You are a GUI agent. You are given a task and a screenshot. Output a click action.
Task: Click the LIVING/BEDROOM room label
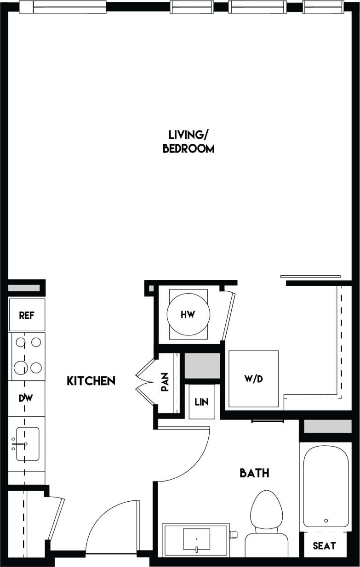point(189,142)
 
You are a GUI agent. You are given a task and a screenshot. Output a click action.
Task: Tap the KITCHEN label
point(91,381)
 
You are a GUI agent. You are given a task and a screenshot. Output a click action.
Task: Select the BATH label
point(254,473)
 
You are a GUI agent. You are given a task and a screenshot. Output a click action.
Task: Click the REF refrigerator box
point(27,315)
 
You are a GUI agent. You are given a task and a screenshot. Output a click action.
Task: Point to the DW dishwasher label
point(26,398)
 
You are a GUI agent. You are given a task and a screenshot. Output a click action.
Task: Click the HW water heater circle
point(188,315)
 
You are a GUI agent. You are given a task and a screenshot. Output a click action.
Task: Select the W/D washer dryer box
point(253,379)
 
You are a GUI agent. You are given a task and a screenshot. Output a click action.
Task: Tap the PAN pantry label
point(165,382)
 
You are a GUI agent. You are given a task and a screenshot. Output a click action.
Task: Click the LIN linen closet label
point(201,402)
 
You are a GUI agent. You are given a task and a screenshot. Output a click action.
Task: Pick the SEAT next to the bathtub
point(324,546)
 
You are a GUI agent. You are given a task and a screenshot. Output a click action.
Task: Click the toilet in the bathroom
point(267,519)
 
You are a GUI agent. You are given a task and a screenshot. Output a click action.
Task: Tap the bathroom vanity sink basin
point(196,539)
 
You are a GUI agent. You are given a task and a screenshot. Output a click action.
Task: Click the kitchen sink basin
point(28,444)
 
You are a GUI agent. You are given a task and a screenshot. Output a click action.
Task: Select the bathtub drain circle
point(326,521)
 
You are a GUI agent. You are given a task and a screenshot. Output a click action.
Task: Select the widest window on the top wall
point(69,7)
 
